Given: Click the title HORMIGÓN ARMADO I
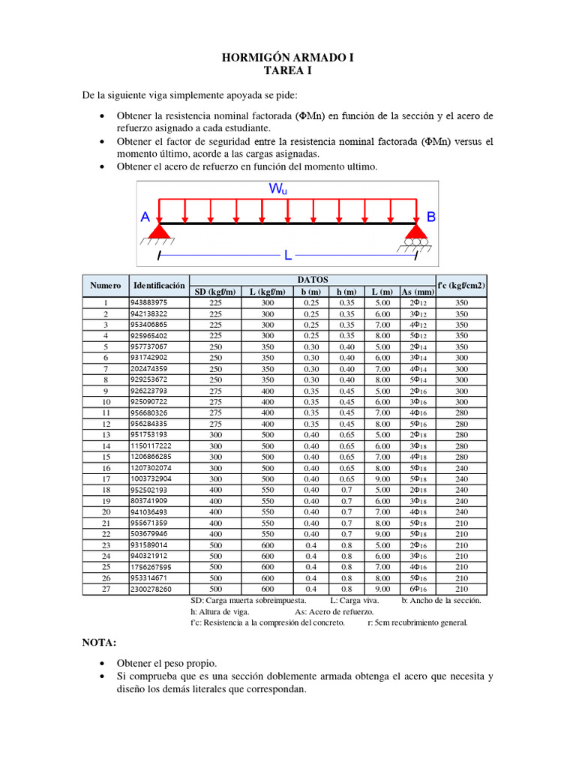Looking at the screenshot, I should pos(287,58).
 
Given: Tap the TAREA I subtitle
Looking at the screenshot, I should pos(287,71).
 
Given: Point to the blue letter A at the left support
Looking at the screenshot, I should pos(145,217).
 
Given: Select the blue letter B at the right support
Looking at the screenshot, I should pos(430,217).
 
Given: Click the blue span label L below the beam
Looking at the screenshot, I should pos(286,256).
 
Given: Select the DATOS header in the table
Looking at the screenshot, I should pos(313,279).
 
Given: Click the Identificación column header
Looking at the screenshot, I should pos(158,286).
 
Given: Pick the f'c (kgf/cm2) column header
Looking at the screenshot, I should pos(461,285).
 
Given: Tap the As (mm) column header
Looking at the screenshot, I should pos(418,292).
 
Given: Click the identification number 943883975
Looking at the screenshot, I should pos(148,302).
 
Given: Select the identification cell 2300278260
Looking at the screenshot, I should pos(151,589).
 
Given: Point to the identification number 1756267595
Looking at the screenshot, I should pos(151,567).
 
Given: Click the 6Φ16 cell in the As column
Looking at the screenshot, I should pos(418,589).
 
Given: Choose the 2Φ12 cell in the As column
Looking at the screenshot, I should pos(418,302).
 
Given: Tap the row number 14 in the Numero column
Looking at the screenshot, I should pos(106,445).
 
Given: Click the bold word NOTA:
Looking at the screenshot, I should pos(99,643).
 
